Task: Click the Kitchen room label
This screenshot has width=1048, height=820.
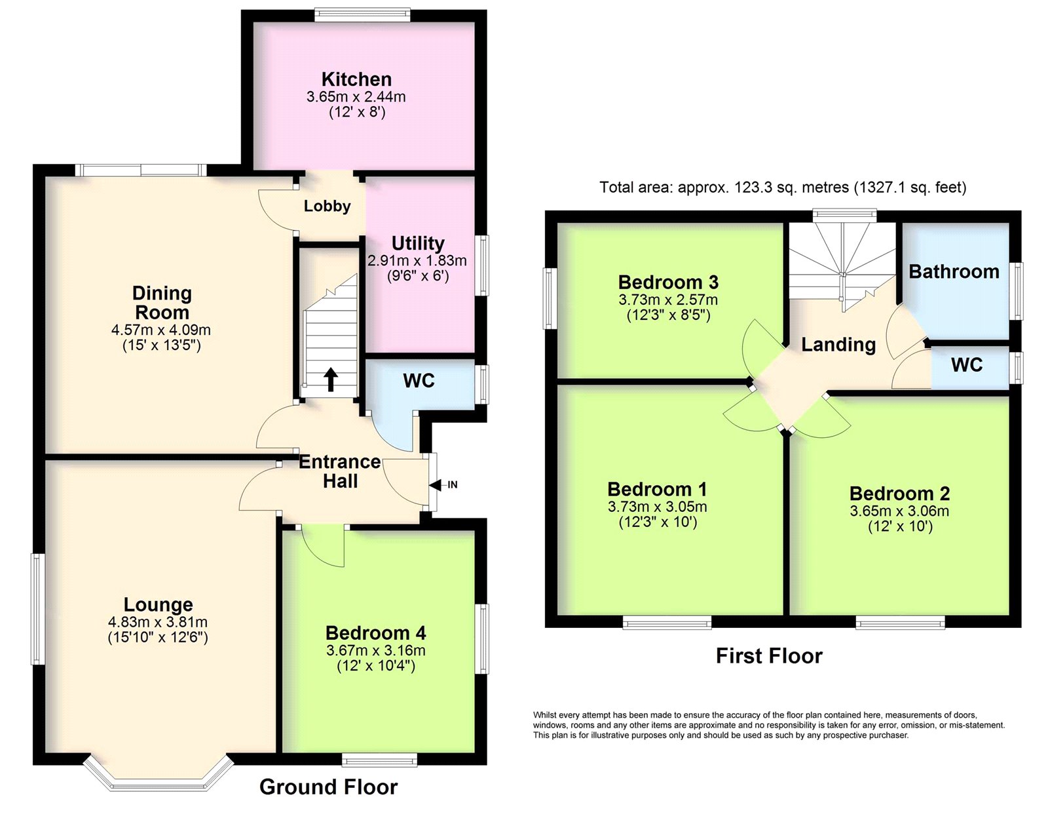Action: pos(356,79)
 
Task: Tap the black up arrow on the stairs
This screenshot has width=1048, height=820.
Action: pos(330,380)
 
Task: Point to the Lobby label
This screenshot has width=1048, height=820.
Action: pos(327,206)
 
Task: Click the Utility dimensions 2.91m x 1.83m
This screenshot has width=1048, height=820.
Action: pos(417,261)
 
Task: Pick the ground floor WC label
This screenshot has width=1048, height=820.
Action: pos(419,381)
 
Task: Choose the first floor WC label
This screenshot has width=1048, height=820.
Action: pos(967,365)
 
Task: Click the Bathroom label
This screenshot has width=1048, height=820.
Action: pos(954,272)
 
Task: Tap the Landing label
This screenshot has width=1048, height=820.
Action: pos(838,345)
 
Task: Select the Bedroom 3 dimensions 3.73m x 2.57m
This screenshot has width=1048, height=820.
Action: pos(668,300)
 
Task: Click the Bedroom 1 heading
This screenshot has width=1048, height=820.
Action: pos(657,490)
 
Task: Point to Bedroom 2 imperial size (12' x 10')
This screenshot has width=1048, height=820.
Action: pos(900,526)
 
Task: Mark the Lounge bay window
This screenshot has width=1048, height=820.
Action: pos(159,776)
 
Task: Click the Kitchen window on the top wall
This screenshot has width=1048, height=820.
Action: pos(363,14)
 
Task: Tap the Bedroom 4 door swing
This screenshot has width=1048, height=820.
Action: pos(322,548)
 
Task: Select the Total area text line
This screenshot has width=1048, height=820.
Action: pos(783,187)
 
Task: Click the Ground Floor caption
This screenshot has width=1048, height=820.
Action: pos(328,787)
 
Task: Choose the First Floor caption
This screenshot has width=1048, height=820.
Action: pos(769,656)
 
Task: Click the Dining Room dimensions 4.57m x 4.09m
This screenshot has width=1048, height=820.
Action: pos(161,330)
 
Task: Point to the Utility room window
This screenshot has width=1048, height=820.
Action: pos(482,265)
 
